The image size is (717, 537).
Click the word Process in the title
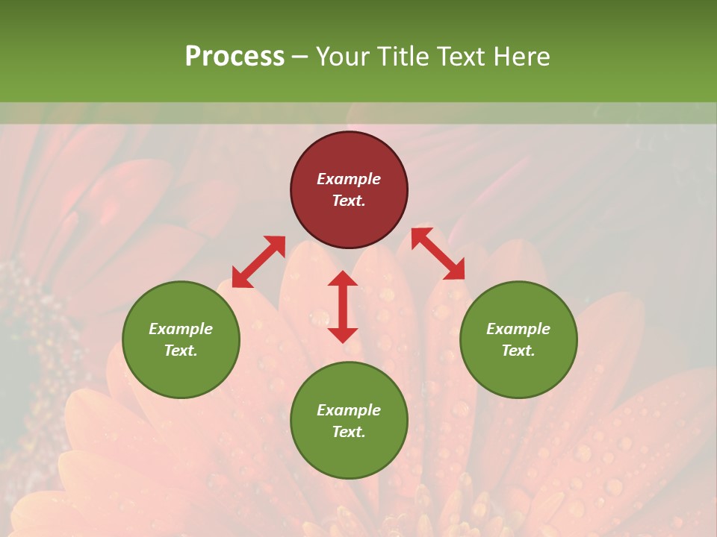(235, 57)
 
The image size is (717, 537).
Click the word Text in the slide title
(465, 57)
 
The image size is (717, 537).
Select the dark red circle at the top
(349, 190)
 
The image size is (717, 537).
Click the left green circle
(181, 339)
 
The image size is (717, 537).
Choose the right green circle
(518, 339)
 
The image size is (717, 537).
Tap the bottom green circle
(349, 421)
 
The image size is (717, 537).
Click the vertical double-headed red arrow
(343, 307)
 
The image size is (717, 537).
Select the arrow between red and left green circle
(258, 261)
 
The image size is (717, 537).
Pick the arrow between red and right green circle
(438, 254)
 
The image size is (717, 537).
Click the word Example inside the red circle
(349, 179)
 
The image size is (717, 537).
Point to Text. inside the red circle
(349, 201)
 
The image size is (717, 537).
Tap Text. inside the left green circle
(181, 351)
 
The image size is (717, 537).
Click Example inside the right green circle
(518, 329)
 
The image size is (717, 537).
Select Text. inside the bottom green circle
(349, 432)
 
